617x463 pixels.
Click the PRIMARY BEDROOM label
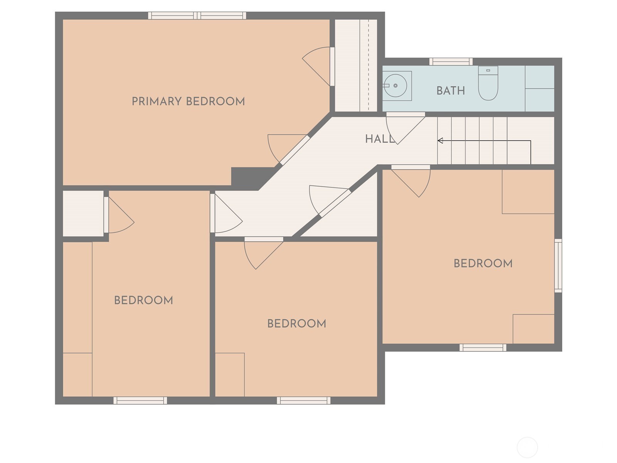click(x=188, y=101)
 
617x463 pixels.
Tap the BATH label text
click(x=450, y=91)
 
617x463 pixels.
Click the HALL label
click(x=380, y=139)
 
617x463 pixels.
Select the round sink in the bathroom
click(x=395, y=86)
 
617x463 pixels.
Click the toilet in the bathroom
click(x=488, y=84)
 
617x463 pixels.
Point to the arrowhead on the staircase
click(x=440, y=140)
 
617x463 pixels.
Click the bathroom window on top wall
click(x=451, y=62)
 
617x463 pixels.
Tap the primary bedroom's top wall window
click(x=197, y=16)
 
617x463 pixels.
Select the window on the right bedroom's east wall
click(x=558, y=265)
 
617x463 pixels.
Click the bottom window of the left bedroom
click(x=140, y=400)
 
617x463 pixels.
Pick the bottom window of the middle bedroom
click(x=303, y=400)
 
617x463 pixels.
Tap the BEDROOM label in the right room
click(x=483, y=264)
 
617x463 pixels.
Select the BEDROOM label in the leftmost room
click(x=143, y=301)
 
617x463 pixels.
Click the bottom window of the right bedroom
click(x=482, y=348)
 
